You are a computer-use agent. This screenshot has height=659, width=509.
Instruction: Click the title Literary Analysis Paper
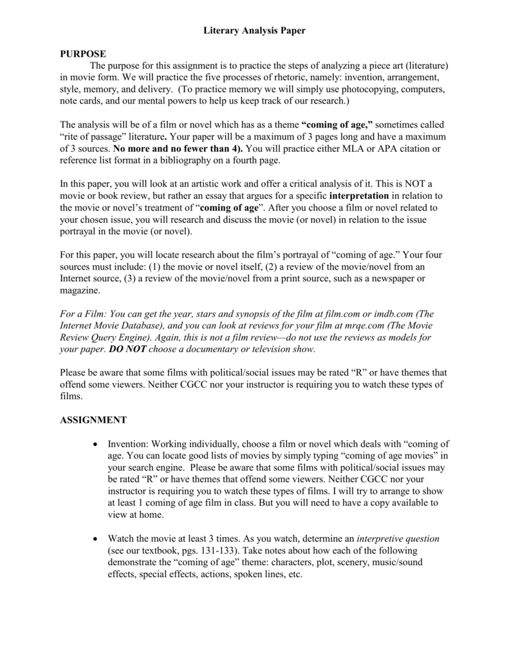(254, 30)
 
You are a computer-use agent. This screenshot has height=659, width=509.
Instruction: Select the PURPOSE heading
(83, 53)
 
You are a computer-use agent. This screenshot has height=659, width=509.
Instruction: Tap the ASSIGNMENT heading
(93, 420)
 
